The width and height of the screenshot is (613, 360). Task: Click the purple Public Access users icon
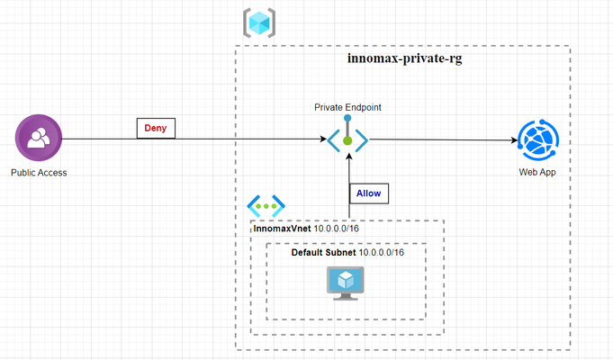click(39, 138)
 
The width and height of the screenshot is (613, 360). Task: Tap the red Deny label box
click(156, 128)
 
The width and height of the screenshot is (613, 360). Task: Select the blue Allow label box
click(369, 193)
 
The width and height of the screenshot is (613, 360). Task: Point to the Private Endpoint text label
click(347, 107)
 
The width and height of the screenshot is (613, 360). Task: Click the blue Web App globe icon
click(538, 139)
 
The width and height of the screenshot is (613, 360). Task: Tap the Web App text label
click(537, 172)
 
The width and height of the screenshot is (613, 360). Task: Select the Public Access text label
click(39, 173)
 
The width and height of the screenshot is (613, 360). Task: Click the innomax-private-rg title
click(405, 58)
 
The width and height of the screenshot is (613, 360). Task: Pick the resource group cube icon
click(259, 23)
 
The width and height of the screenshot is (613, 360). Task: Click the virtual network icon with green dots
click(266, 206)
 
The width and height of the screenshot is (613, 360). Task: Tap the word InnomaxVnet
click(283, 229)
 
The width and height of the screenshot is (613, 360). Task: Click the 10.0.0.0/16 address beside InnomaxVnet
click(337, 229)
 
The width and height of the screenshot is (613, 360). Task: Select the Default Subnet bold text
click(323, 253)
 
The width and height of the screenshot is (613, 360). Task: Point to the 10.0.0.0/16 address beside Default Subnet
click(381, 253)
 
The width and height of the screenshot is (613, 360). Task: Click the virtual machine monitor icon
click(345, 283)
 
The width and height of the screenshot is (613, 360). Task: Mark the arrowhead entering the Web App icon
click(515, 139)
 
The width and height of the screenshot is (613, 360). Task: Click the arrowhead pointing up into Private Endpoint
click(349, 157)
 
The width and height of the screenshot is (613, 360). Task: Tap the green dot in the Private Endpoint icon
click(347, 140)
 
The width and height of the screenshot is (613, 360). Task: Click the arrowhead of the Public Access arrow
click(323, 139)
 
